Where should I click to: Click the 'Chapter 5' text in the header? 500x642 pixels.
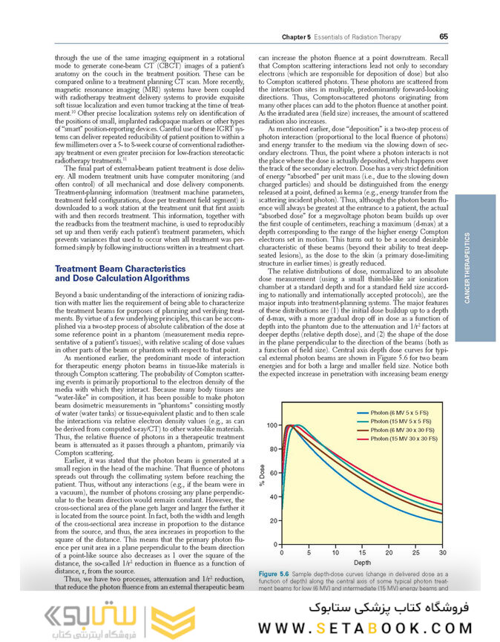click(x=298, y=37)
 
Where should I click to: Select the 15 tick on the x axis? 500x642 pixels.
click(x=362, y=553)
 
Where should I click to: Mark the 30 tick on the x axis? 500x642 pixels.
click(x=443, y=553)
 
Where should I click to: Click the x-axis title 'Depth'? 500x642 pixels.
click(x=362, y=563)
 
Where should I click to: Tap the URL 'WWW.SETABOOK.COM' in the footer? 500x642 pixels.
click(x=364, y=628)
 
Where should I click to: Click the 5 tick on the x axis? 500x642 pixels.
click(x=308, y=553)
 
